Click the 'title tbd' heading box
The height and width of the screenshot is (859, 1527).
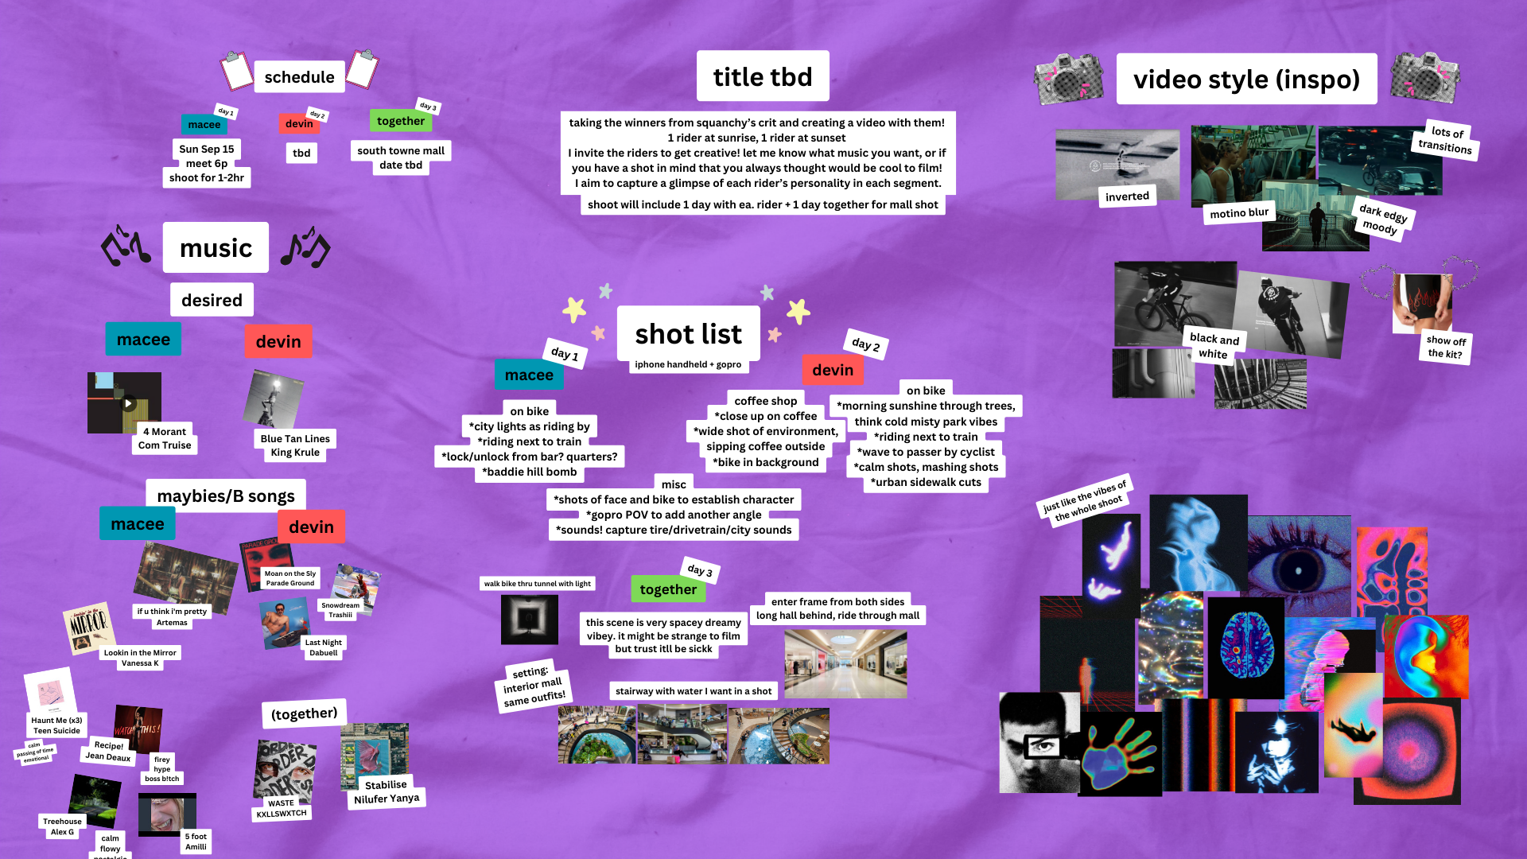(x=762, y=76)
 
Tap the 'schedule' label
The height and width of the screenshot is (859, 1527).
(x=299, y=77)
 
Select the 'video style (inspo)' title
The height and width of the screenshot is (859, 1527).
(x=1245, y=80)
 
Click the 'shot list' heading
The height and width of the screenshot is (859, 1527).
(x=688, y=334)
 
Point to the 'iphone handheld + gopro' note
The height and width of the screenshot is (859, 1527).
(x=687, y=364)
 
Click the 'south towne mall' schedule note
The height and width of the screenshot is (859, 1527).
(x=400, y=150)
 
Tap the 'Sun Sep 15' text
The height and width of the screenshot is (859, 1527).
(x=206, y=149)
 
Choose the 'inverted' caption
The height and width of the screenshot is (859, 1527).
(x=1127, y=196)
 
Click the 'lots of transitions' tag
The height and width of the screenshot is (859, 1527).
(x=1445, y=140)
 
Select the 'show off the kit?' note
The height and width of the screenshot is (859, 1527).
(x=1445, y=348)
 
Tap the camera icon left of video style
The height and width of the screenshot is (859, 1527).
(x=1068, y=80)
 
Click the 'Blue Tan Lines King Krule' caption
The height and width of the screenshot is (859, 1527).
(x=295, y=445)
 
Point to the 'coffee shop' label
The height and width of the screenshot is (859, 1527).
(x=765, y=401)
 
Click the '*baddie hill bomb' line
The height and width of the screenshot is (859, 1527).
(x=529, y=472)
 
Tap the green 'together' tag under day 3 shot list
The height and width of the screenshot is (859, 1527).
(x=667, y=589)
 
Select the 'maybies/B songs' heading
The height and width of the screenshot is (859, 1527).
(x=226, y=496)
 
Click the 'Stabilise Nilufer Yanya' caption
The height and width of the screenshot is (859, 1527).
(x=386, y=791)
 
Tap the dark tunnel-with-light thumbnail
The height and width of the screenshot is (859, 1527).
(x=529, y=619)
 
